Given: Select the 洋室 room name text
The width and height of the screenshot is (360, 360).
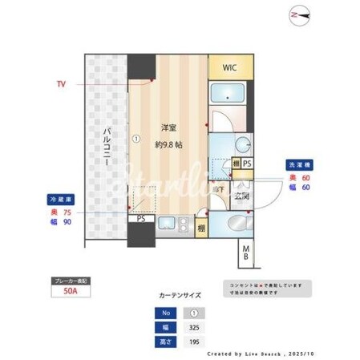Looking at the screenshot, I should pyautogui.click(x=168, y=127).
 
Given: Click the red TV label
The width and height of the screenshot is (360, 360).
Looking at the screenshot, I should pyautogui.click(x=61, y=83).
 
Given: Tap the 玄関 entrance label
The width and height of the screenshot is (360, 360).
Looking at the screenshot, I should pyautogui.click(x=240, y=195).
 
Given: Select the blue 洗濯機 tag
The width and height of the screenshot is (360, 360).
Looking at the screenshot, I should pyautogui.click(x=297, y=165).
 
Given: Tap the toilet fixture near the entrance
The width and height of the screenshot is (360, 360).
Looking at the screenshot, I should pyautogui.click(x=237, y=224).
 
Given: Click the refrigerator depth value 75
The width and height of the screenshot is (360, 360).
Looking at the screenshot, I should pyautogui.click(x=67, y=212).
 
